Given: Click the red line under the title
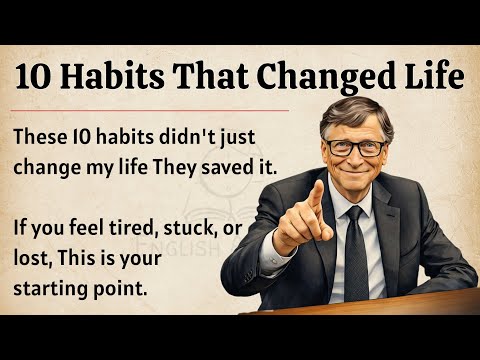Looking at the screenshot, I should (x=150, y=109).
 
